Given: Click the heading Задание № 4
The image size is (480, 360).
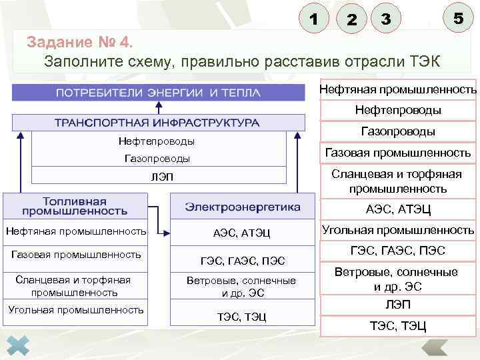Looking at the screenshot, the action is click(x=80, y=43).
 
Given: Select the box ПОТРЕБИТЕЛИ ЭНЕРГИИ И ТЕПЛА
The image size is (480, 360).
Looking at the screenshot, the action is click(x=158, y=92).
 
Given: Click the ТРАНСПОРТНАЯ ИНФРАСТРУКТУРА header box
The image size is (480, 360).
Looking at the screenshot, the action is click(x=158, y=123).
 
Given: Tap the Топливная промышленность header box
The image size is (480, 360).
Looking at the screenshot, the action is click(x=75, y=205).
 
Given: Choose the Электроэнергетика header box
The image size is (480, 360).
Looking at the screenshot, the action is click(x=242, y=206).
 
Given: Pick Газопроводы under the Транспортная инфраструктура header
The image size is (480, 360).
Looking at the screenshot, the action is click(x=157, y=159).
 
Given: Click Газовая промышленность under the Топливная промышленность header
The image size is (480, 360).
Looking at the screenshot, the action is click(x=76, y=255).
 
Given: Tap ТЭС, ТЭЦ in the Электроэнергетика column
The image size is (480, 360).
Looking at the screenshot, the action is click(x=241, y=317).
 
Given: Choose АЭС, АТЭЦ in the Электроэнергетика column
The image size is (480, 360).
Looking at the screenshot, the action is click(x=241, y=233).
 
